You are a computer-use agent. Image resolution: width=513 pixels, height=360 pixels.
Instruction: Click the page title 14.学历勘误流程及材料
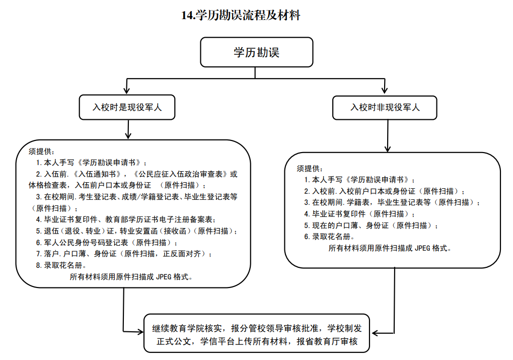(241, 16)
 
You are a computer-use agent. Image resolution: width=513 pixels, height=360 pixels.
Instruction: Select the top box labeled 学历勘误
(256, 53)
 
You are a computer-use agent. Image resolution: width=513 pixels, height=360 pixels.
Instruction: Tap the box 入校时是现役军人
(127, 107)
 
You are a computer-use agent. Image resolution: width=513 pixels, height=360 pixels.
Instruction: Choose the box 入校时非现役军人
(385, 107)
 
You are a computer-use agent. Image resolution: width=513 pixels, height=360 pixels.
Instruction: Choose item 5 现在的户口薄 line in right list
(371, 226)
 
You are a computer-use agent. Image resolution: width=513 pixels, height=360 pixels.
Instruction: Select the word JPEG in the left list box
(164, 276)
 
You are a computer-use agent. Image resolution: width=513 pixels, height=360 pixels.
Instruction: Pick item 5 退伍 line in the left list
(136, 231)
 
